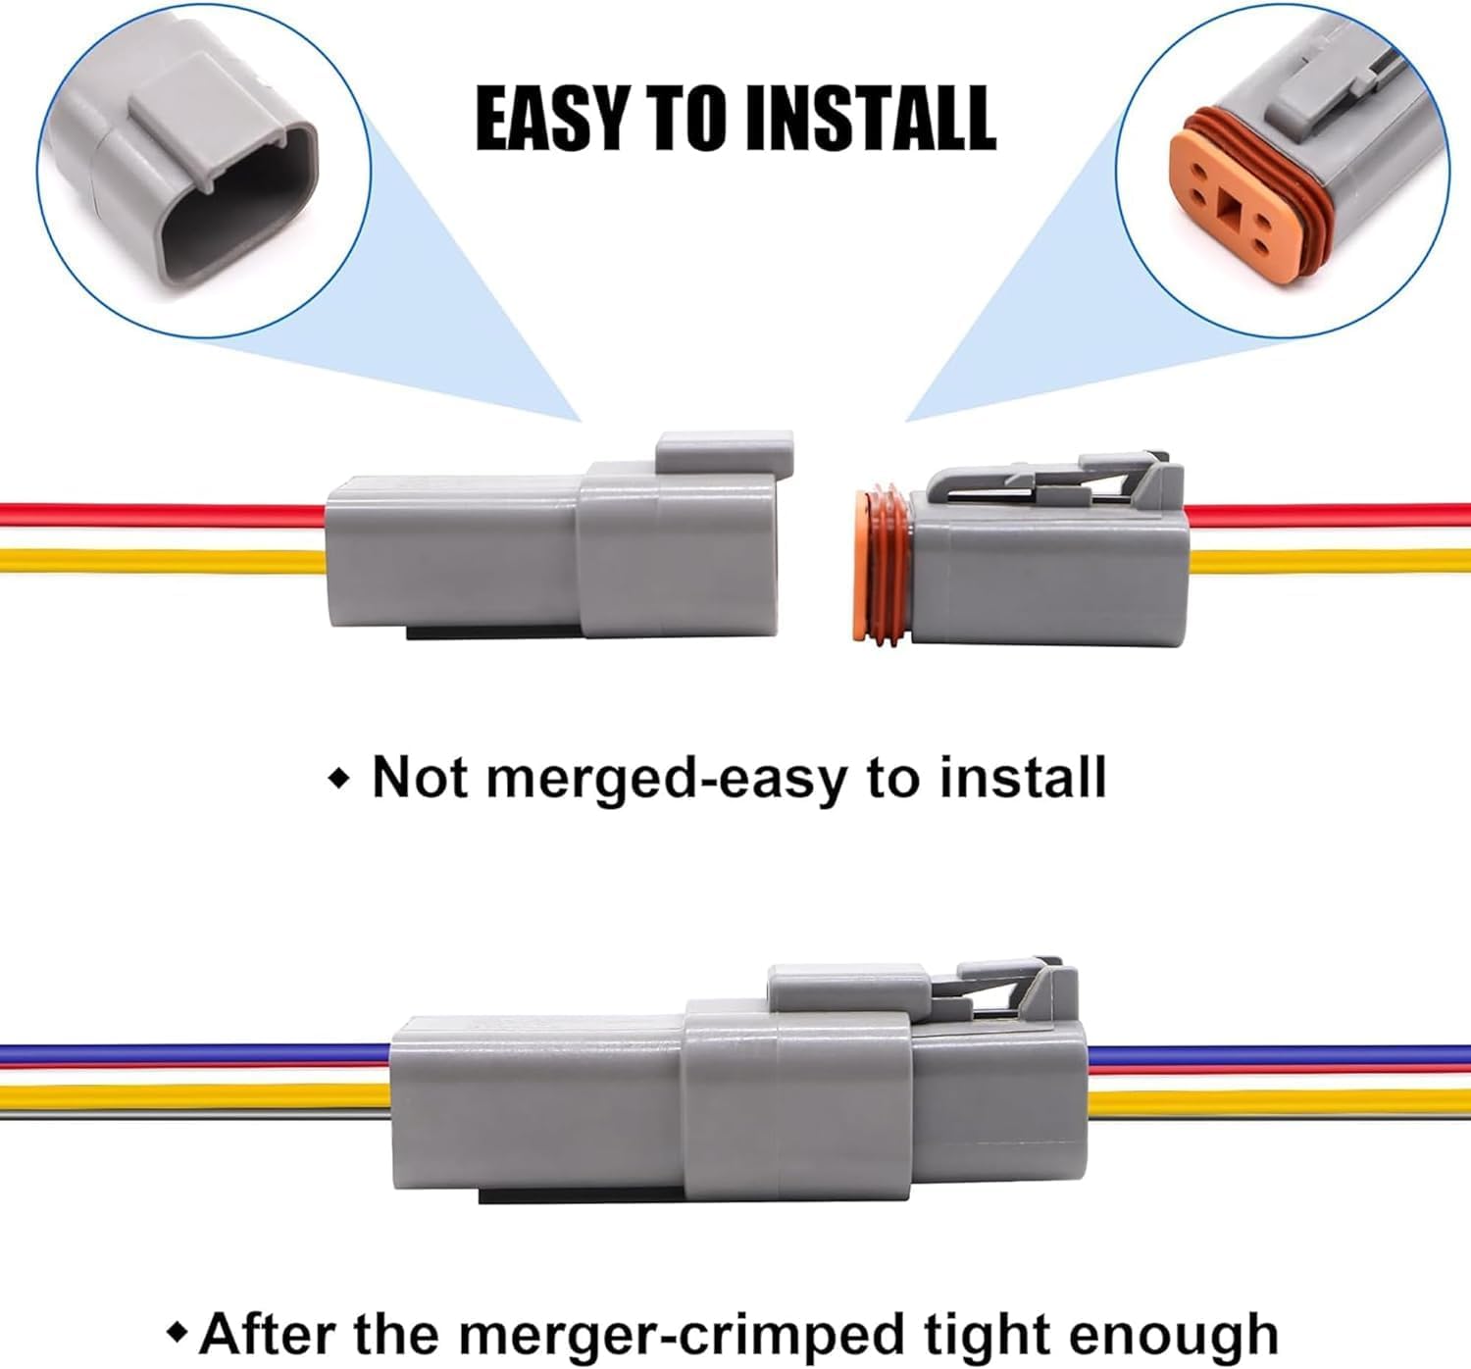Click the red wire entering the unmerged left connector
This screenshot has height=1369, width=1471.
[162, 513]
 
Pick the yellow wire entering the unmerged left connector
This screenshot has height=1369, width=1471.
[162, 561]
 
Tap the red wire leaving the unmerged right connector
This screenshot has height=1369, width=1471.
[1329, 515]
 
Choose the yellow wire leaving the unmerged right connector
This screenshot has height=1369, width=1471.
[1329, 562]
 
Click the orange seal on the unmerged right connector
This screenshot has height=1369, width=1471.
[882, 565]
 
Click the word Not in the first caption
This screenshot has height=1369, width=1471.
[419, 778]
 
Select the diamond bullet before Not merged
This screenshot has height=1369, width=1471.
[339, 779]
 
